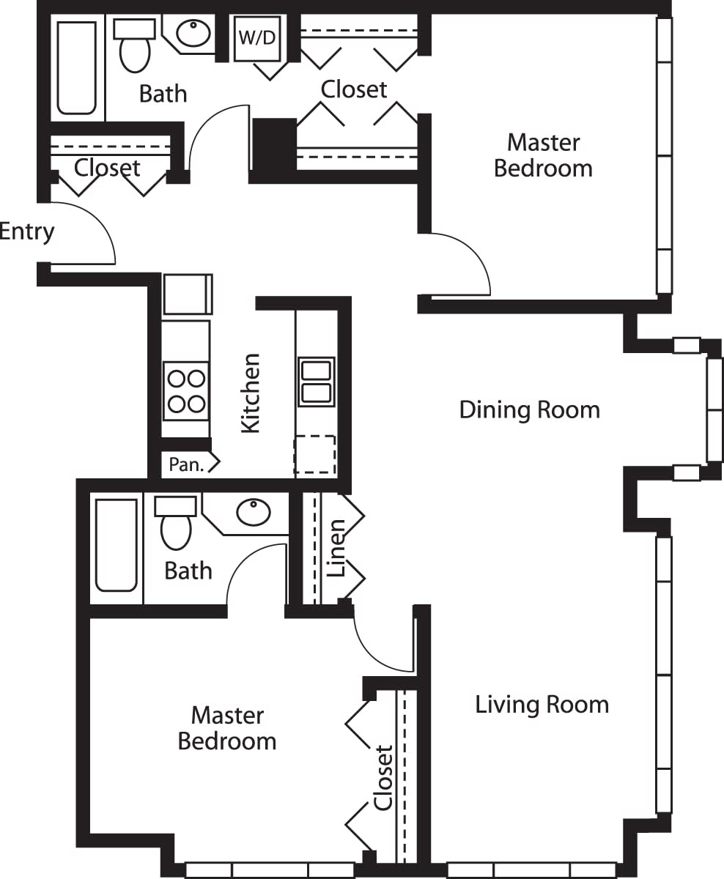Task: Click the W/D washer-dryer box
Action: click(x=257, y=38)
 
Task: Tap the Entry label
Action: click(x=27, y=231)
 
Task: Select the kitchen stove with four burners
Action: click(x=185, y=390)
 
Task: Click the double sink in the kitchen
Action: click(x=316, y=382)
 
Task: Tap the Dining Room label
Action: click(x=529, y=409)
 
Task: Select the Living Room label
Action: click(x=542, y=705)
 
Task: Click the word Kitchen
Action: click(x=251, y=393)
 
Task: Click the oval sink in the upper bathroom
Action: click(x=194, y=33)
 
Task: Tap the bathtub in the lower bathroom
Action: click(x=117, y=544)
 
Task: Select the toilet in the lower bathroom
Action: click(x=176, y=523)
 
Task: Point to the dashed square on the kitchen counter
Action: click(x=315, y=456)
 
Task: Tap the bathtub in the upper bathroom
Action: click(x=77, y=67)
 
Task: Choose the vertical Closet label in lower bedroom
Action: click(x=384, y=778)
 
